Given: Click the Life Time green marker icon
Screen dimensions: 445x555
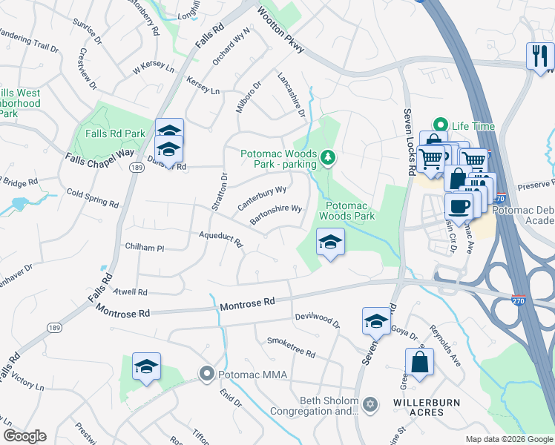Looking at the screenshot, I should pos(441,126).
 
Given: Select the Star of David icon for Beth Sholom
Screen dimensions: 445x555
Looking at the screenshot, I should pos(370,404).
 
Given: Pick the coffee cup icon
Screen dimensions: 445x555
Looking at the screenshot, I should pos(459,206).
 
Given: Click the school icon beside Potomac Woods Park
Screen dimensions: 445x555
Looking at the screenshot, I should pos(330,242).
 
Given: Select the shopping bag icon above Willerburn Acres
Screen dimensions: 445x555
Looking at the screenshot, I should pos(419,363).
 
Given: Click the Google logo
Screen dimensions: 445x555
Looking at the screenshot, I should pos(24,436).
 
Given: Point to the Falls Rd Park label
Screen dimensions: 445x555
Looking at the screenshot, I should pos(115,133).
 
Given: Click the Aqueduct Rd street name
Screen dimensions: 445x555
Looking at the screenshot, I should pos(220,238).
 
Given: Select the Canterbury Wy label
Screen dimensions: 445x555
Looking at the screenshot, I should pos(262,197).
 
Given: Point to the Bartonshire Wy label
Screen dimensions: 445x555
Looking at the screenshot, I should pos(275,214).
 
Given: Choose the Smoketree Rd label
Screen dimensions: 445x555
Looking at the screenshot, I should pos(291,349).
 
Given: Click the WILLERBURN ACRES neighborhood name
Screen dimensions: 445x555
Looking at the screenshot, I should pos(427,407).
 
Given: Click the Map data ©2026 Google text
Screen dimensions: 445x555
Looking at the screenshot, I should pos(508,439).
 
